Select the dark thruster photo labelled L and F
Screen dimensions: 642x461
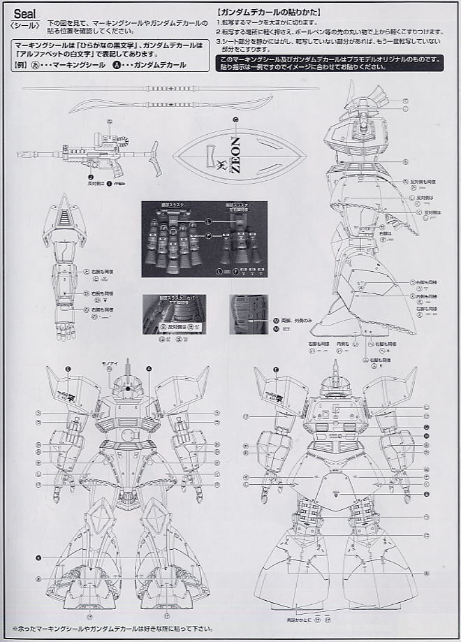pyautogui.click(x=205, y=240)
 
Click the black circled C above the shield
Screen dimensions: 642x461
pyautogui.click(x=235, y=120)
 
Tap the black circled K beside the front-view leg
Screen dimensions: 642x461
pyautogui.click(x=39, y=556)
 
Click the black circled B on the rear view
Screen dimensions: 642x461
pyautogui.click(x=426, y=493)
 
